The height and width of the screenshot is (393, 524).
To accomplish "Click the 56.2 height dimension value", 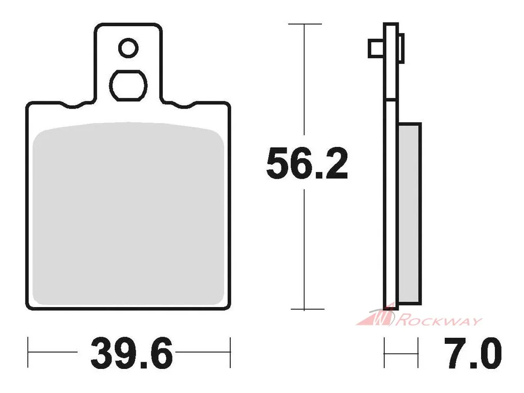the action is tap(307, 163).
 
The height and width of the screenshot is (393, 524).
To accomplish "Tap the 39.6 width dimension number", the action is tap(132, 353).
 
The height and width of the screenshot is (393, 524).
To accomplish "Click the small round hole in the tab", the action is tap(128, 48).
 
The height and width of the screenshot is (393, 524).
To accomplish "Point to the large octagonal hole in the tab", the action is tap(128, 85).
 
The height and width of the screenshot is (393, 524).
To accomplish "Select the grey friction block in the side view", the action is tap(410, 214).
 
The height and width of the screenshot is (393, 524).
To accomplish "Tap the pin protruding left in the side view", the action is tap(376, 49).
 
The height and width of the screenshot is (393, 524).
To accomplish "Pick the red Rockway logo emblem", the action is tap(378, 316).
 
